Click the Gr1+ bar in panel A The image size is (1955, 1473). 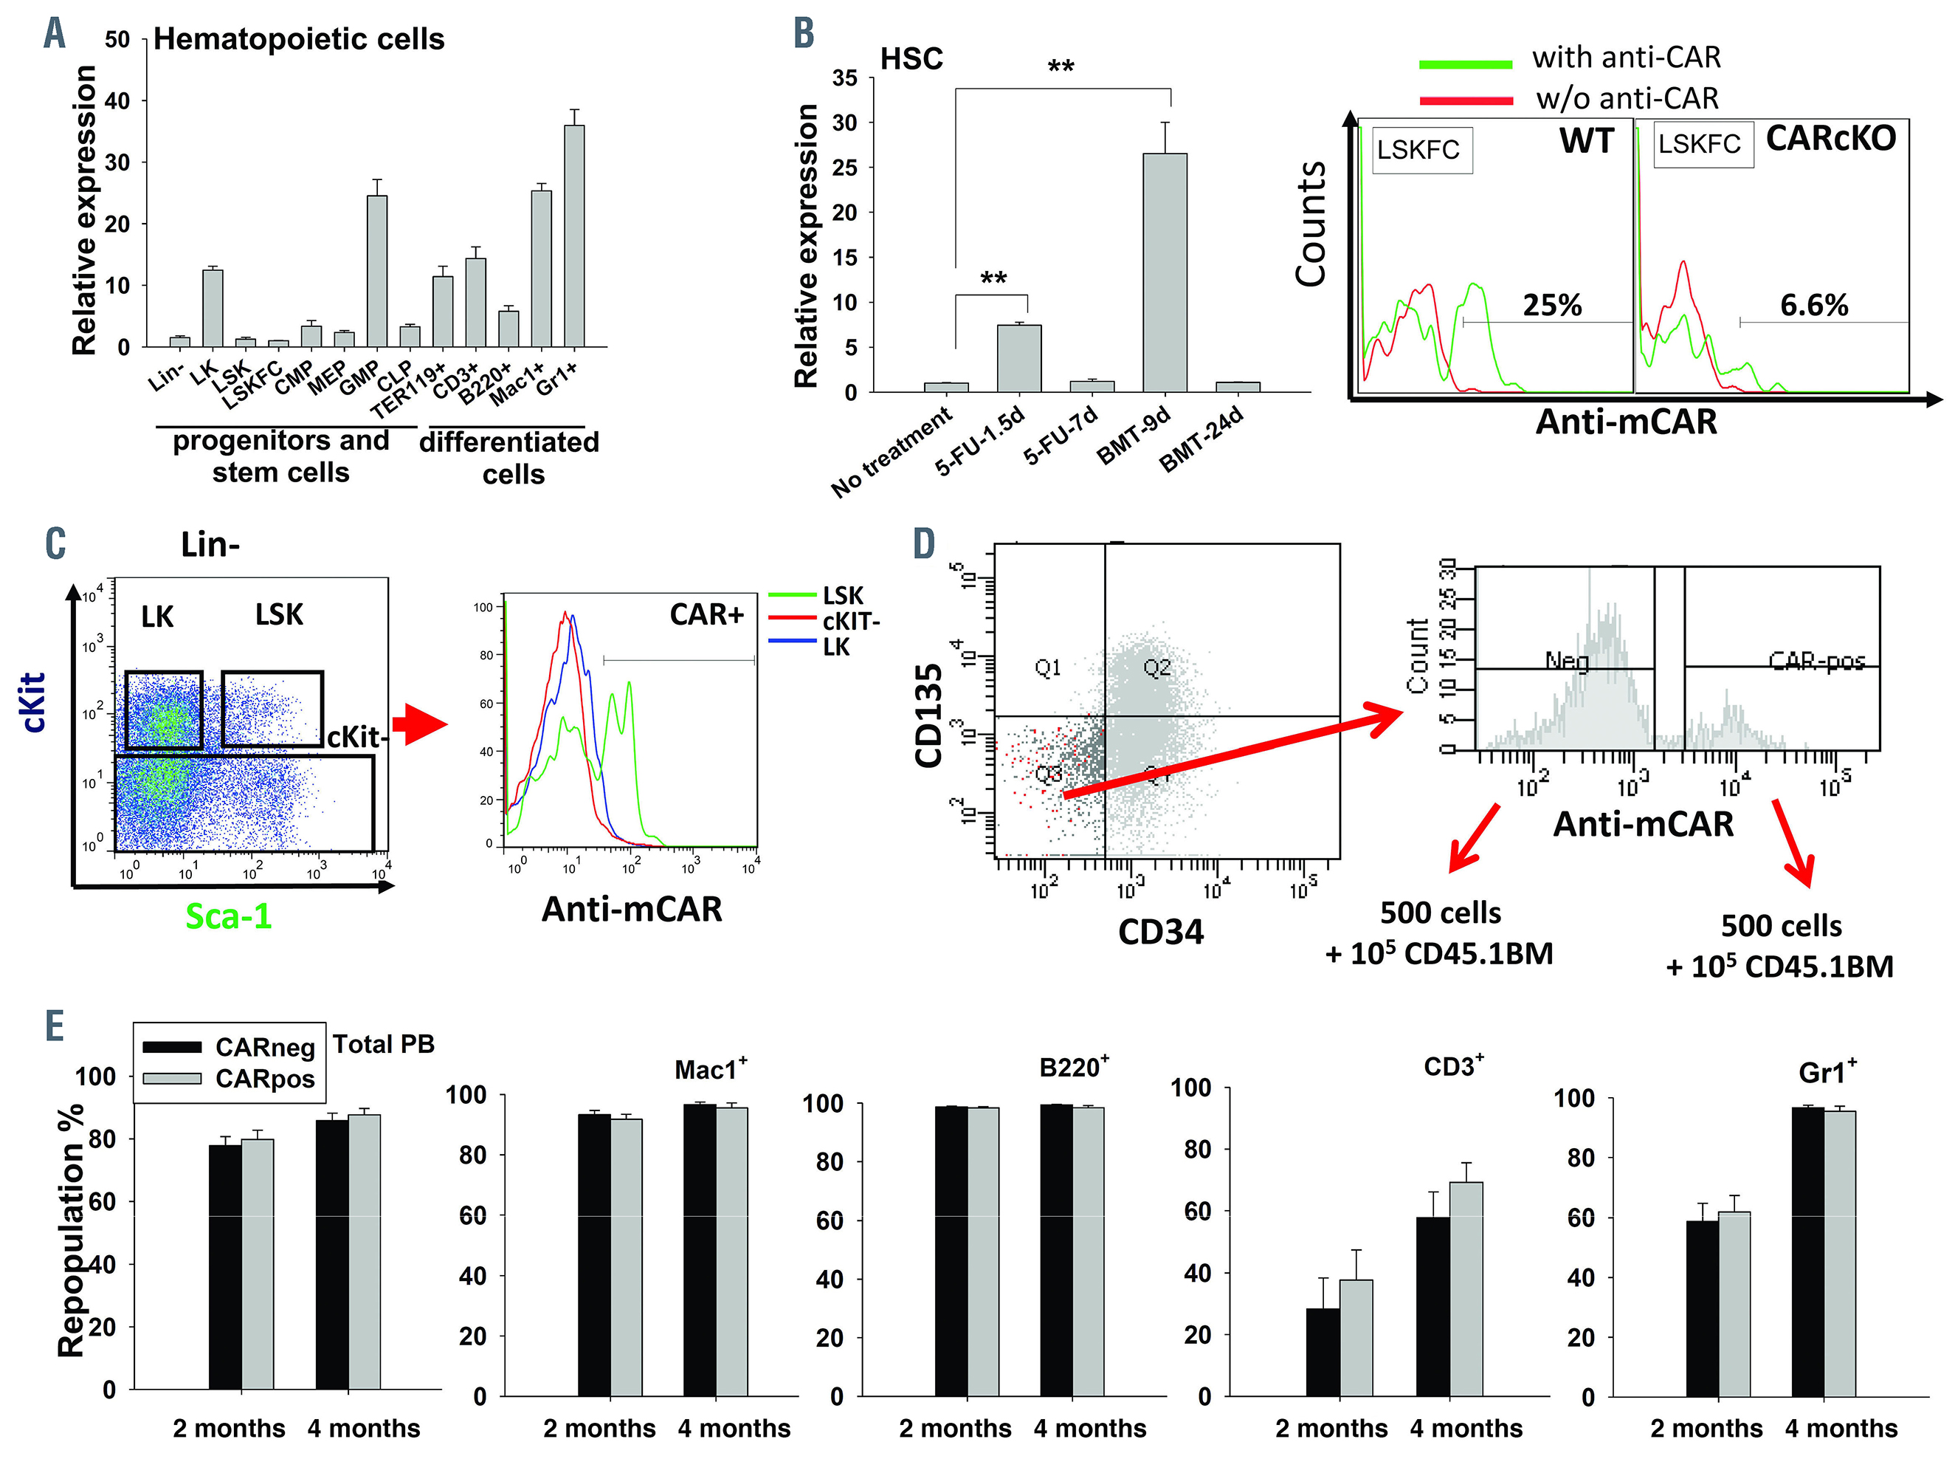coord(573,236)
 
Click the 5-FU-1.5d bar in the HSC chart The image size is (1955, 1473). coord(1019,358)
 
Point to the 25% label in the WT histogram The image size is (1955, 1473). coord(1552,305)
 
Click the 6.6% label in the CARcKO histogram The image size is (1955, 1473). coord(1813,305)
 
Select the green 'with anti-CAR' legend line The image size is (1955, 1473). coord(1466,63)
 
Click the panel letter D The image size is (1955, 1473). coord(923,543)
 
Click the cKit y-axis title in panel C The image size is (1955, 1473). coord(32,703)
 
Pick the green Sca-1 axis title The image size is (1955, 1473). coord(228,916)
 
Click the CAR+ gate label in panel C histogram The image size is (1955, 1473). coord(706,614)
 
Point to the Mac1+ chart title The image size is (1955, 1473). coord(711,1070)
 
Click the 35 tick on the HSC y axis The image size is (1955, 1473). coord(845,78)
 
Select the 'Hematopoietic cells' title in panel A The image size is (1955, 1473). coord(299,39)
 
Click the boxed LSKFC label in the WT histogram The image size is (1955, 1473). coord(1418,149)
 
